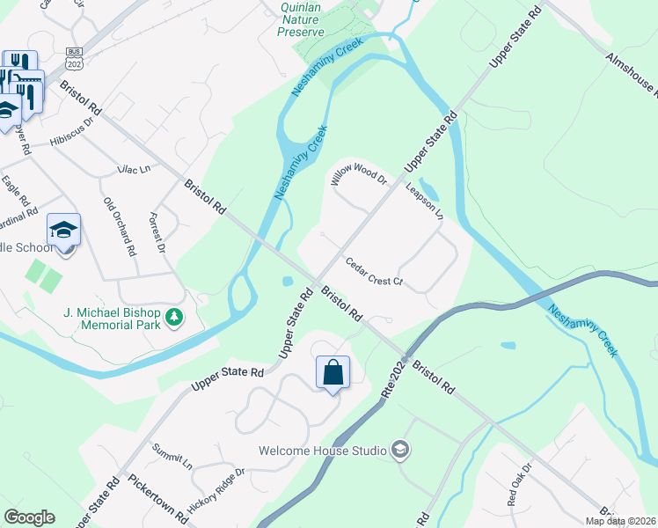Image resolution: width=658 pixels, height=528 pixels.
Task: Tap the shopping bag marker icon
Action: click(x=333, y=373)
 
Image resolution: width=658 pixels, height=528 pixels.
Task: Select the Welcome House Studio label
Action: click(x=323, y=451)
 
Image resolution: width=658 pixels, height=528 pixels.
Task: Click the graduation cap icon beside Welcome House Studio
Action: click(x=400, y=451)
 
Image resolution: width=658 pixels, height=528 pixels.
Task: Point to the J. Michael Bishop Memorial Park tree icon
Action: click(x=175, y=316)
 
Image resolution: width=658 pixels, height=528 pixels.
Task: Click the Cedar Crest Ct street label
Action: click(x=374, y=273)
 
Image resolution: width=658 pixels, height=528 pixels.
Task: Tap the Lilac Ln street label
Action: click(x=134, y=168)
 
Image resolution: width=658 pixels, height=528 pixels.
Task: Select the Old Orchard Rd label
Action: click(x=121, y=227)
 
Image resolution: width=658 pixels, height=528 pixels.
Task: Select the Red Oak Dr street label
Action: click(x=519, y=484)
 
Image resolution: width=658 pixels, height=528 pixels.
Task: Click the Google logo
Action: click(x=29, y=517)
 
